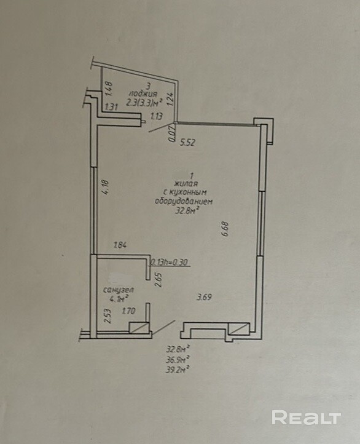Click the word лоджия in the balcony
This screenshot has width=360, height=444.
pos(143,94)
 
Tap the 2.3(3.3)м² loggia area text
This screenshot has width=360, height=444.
pos(144,102)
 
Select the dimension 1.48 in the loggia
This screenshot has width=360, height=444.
pos(109,89)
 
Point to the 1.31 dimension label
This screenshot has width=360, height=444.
pos(111,108)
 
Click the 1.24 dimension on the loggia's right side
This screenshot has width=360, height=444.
pos(170,99)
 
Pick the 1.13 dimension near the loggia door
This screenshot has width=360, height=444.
pos(157,116)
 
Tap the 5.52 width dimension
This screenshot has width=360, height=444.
pos(187,143)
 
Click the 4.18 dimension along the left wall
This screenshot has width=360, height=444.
pos(105,187)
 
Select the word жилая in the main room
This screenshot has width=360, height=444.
pos(186,183)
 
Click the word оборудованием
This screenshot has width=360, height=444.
pos(184,202)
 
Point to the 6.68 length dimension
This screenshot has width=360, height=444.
pos(225,229)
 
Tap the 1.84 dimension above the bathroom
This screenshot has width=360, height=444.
pos(120,245)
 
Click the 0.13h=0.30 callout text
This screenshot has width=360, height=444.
pos(170,263)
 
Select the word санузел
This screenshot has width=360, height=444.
pos(119,290)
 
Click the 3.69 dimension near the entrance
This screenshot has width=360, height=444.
pos(205,297)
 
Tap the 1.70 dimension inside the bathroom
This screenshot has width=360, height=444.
pos(128,311)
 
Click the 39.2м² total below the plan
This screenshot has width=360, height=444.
pos(178,369)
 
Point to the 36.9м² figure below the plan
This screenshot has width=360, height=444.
pos(178,360)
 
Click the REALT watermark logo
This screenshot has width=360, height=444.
pos(307,418)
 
